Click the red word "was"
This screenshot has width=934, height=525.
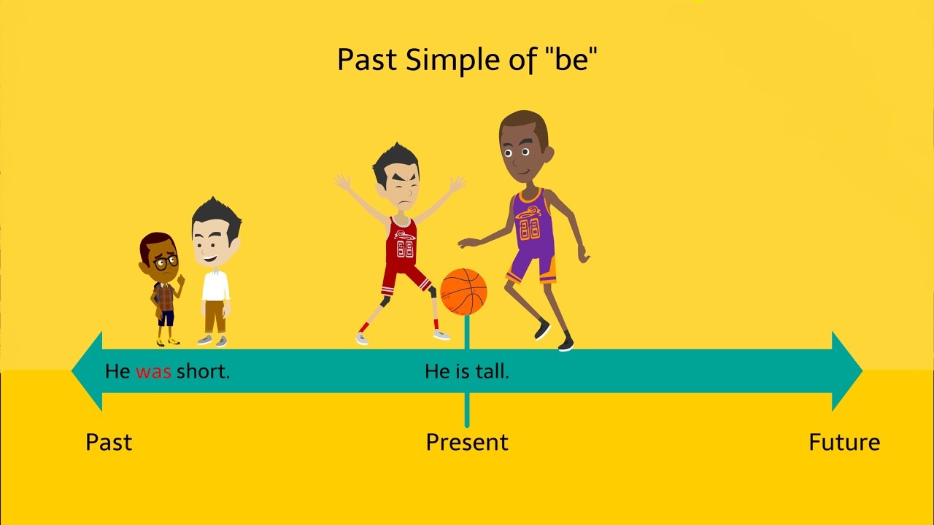[x=153, y=371]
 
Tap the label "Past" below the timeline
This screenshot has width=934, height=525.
[x=109, y=442]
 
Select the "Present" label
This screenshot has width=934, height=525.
[x=467, y=442]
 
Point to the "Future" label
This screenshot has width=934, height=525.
[x=844, y=442]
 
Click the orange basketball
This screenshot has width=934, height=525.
[x=463, y=291]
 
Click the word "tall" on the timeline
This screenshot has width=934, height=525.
[x=492, y=371]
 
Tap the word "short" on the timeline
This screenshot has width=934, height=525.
[x=203, y=371]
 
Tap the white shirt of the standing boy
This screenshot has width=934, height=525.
[x=215, y=285]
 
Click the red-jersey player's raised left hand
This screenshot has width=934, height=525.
[x=342, y=182]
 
